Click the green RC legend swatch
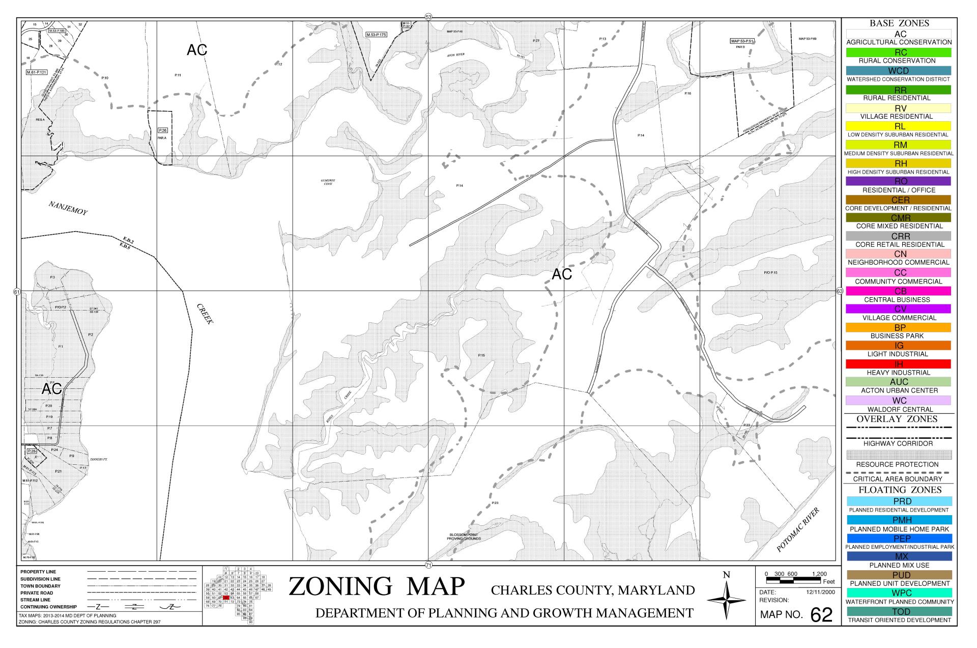899,52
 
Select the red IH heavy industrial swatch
899,364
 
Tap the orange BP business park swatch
899,328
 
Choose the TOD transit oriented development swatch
899,611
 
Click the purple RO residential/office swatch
899,181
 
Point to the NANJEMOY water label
68,208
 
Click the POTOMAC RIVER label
798,530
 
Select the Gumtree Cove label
328,182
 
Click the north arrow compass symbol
727,601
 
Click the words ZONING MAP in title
377,586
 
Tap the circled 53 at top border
428,17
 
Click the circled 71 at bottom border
428,565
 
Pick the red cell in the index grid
226,598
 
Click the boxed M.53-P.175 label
377,35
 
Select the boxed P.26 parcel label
163,130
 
